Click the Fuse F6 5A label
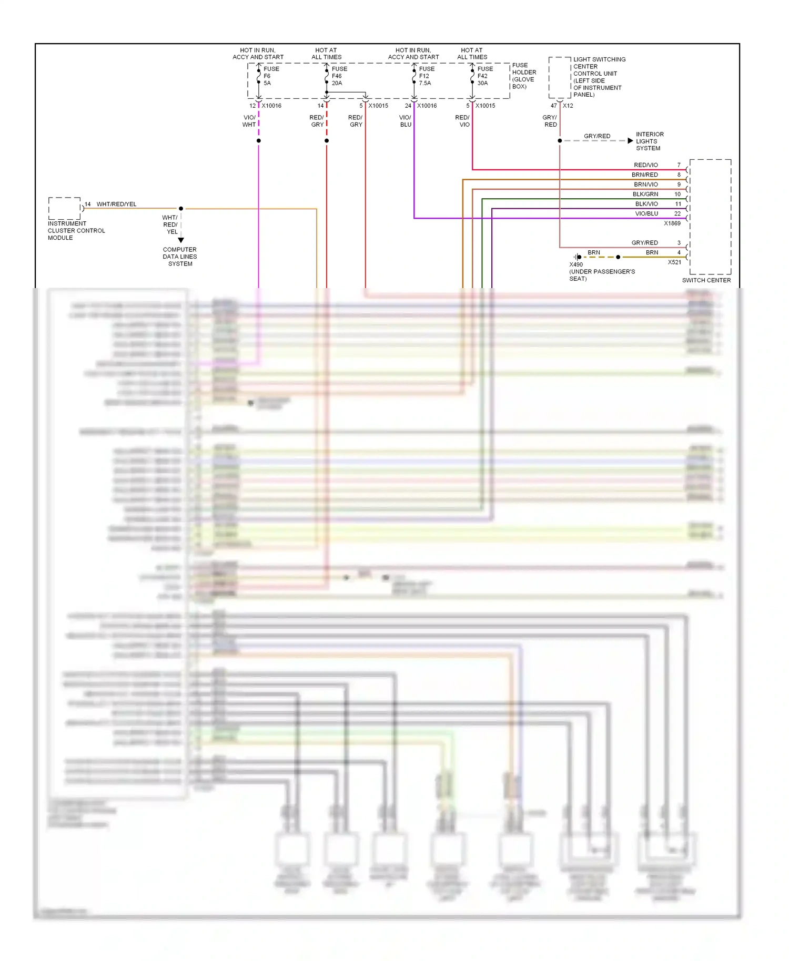(270, 76)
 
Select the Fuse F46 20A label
(339, 76)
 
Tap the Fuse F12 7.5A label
(426, 76)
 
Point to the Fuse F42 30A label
(484, 76)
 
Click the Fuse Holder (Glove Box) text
(524, 76)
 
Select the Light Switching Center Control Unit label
(599, 77)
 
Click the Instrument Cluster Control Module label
(76, 230)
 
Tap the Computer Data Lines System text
(180, 257)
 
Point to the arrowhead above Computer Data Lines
(181, 240)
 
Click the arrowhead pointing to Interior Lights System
(630, 141)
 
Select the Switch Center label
(706, 280)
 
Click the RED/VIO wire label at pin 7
(645, 165)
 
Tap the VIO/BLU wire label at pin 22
(646, 213)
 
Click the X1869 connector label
(672, 223)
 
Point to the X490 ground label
(575, 264)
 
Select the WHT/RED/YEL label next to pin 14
(116, 204)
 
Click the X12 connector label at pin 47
(568, 106)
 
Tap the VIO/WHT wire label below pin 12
(249, 121)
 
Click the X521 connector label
(674, 262)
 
